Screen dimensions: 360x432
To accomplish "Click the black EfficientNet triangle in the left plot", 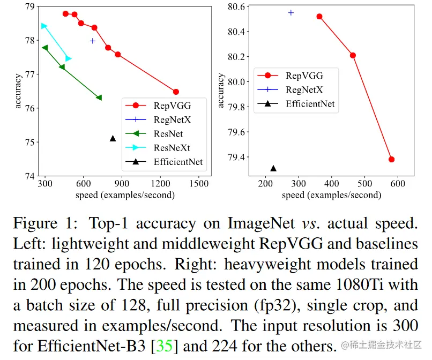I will pyautogui.click(x=113, y=139).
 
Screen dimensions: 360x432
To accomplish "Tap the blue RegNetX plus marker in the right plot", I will pyautogui.click(x=291, y=12).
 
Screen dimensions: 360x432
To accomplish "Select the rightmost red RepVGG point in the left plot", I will pyautogui.click(x=176, y=92).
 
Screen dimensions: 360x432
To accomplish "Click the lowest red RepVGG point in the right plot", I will pyautogui.click(x=391, y=159).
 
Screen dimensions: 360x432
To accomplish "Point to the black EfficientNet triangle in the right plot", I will pyautogui.click(x=273, y=168).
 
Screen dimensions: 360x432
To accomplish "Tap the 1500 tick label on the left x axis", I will pyautogui.click(x=199, y=184).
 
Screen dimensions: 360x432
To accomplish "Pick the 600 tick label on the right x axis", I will pyautogui.click(x=398, y=184).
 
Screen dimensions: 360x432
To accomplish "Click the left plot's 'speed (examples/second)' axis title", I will pyautogui.click(x=125, y=195).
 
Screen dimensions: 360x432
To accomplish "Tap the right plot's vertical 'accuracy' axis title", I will pyautogui.click(x=221, y=91).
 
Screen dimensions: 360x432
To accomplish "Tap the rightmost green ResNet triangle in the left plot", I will pyautogui.click(x=99, y=97).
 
